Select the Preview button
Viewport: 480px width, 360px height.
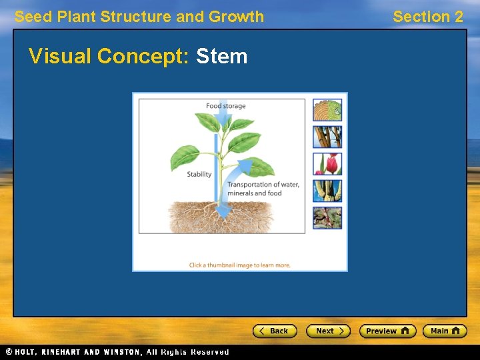387,331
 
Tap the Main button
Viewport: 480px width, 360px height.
445,331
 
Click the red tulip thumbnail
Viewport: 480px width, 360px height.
327,164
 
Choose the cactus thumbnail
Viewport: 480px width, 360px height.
327,191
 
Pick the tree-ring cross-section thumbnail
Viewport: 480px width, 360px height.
327,110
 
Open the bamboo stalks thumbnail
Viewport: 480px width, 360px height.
327,137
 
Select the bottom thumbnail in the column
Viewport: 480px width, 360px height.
327,218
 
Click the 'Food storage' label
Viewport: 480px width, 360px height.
225,106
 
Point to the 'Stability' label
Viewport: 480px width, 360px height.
199,175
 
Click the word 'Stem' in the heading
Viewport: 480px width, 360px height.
221,56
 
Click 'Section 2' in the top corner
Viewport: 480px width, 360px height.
427,17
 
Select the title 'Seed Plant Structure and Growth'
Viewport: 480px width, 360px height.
139,17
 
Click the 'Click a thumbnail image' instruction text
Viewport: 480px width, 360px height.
239,265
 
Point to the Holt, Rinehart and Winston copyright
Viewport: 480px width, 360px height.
117,352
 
